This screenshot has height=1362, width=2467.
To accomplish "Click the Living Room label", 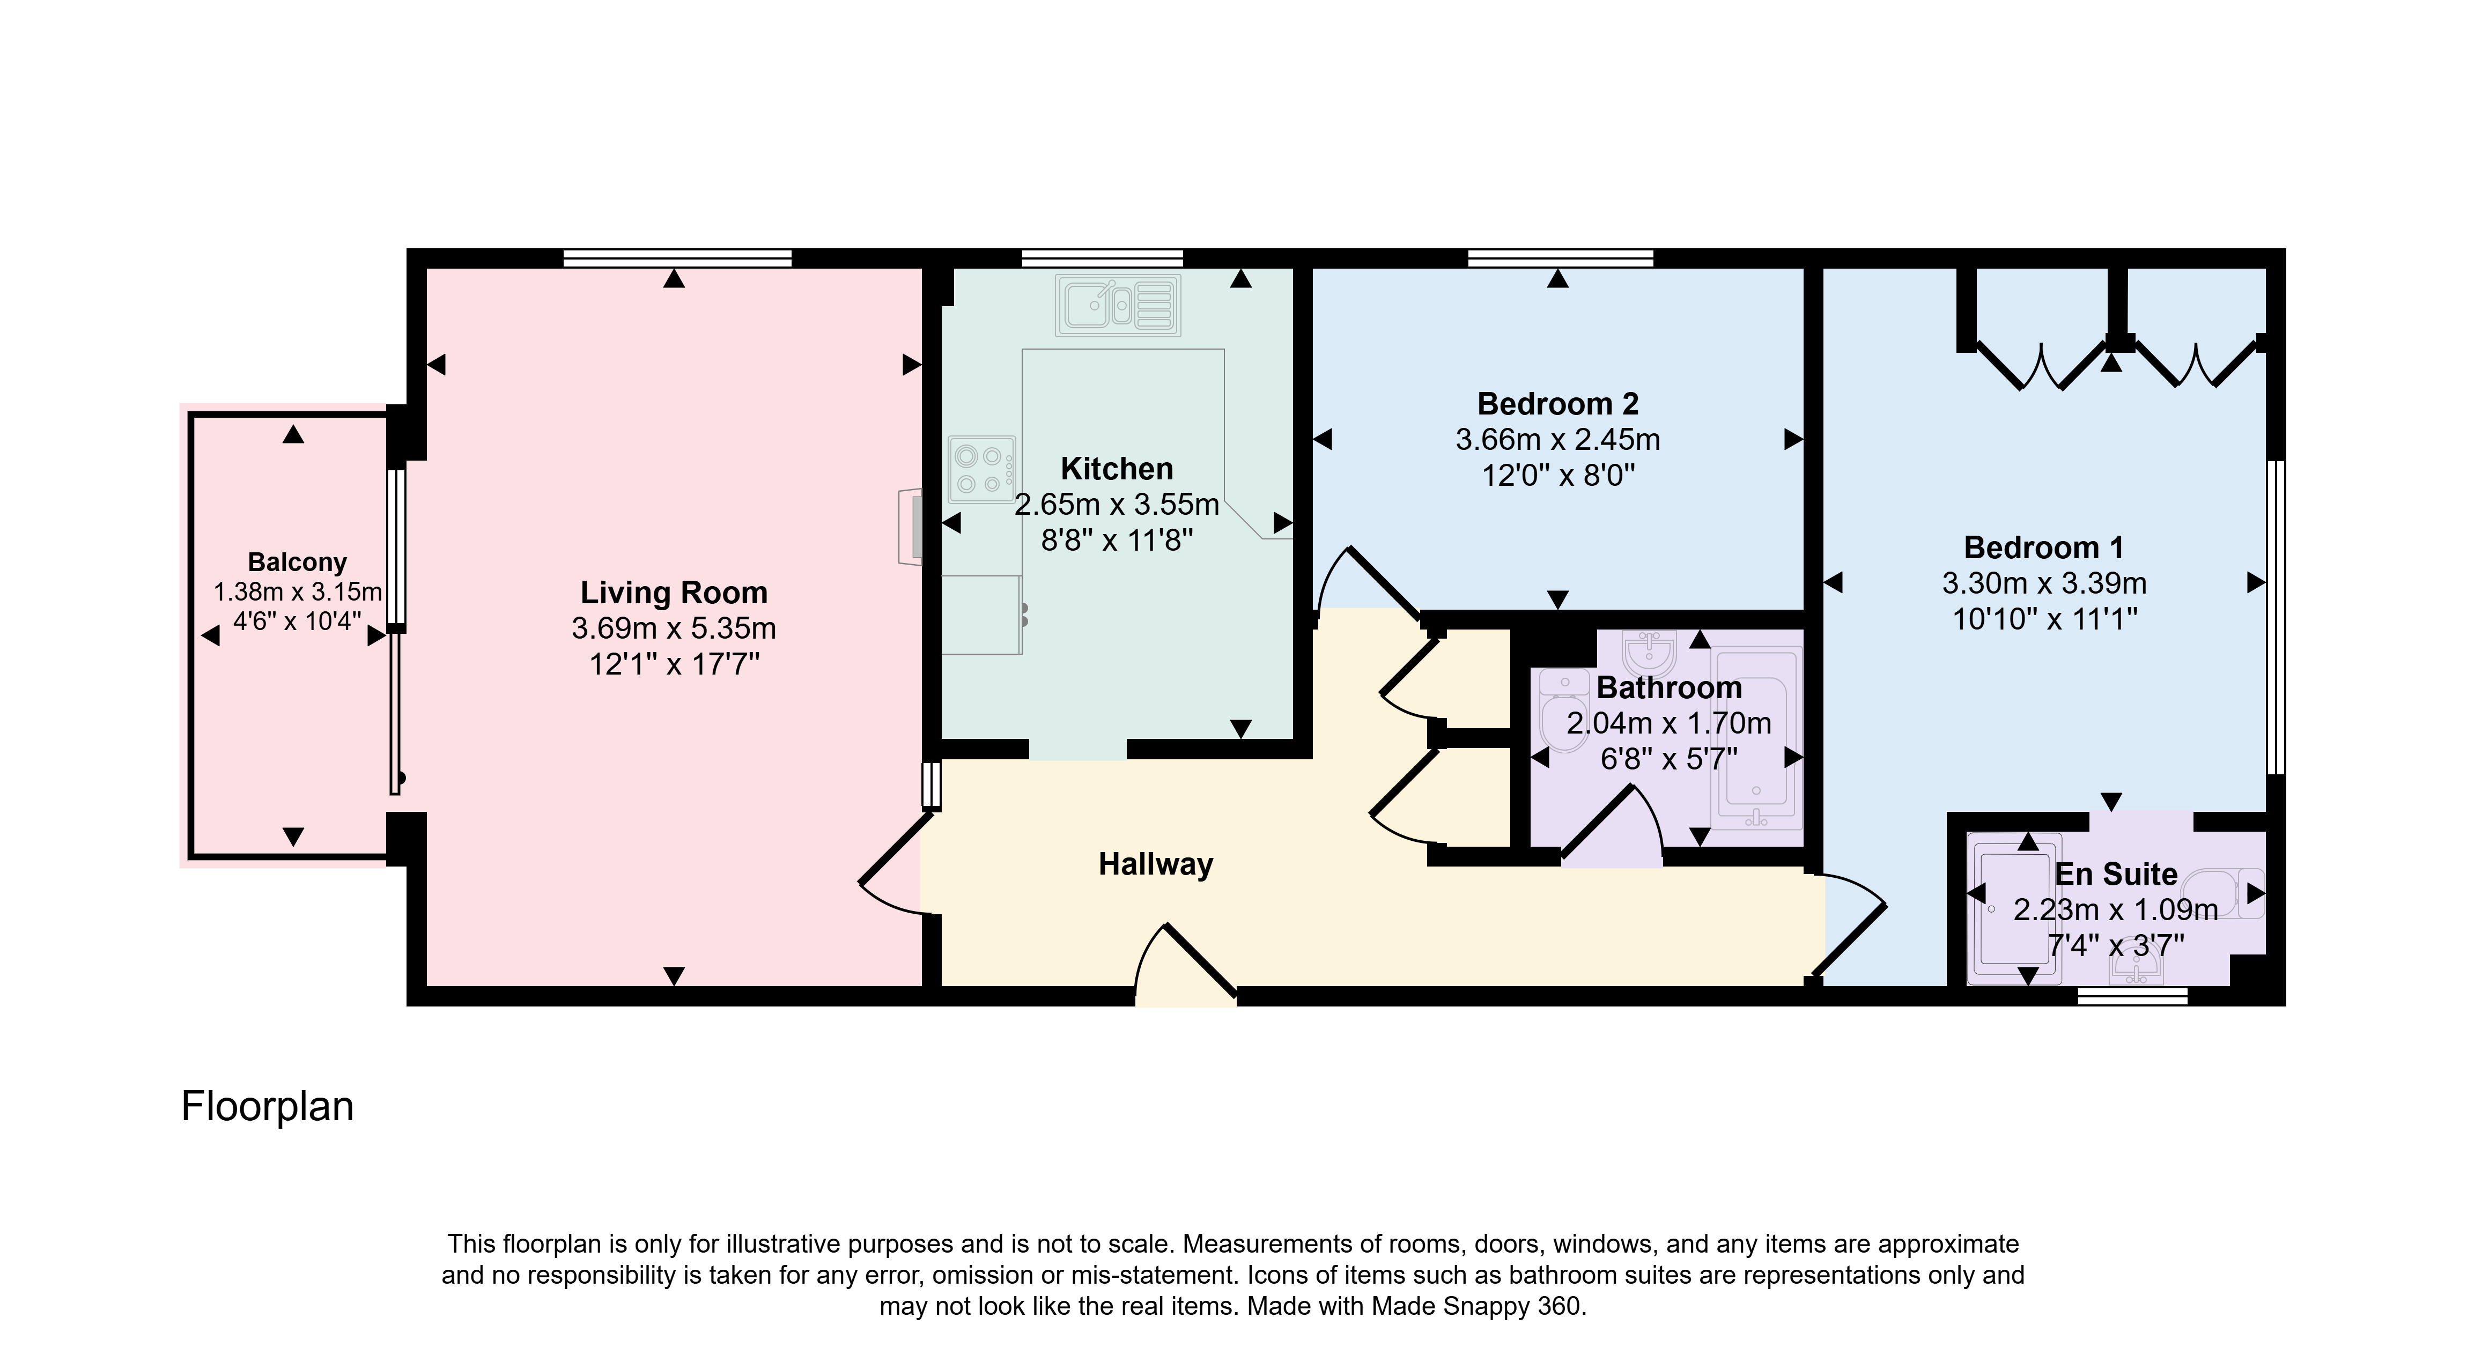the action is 674,593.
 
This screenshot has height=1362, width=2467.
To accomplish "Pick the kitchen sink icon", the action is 1118,306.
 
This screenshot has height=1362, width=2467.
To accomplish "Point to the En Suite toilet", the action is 2228,894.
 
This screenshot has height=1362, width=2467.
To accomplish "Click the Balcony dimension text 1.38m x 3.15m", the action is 297,592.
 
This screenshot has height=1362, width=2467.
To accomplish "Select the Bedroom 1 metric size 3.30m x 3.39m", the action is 2044,583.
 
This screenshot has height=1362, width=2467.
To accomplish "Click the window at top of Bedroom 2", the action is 1560,257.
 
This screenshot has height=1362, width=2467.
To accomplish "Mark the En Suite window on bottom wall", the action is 2133,996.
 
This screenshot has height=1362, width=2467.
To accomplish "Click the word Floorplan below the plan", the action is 267,1106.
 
